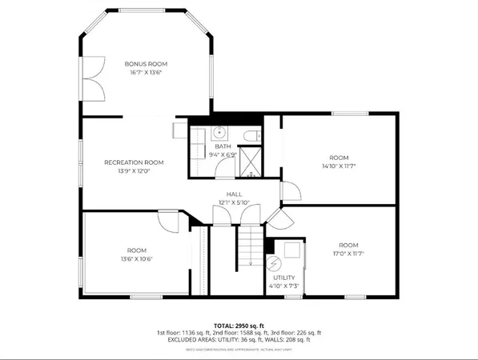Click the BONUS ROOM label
click(145, 63)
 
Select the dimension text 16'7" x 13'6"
click(145, 72)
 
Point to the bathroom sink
click(219, 133)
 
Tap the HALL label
click(234, 194)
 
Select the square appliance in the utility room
click(292, 250)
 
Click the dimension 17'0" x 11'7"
click(347, 254)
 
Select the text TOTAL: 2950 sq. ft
click(239, 325)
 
